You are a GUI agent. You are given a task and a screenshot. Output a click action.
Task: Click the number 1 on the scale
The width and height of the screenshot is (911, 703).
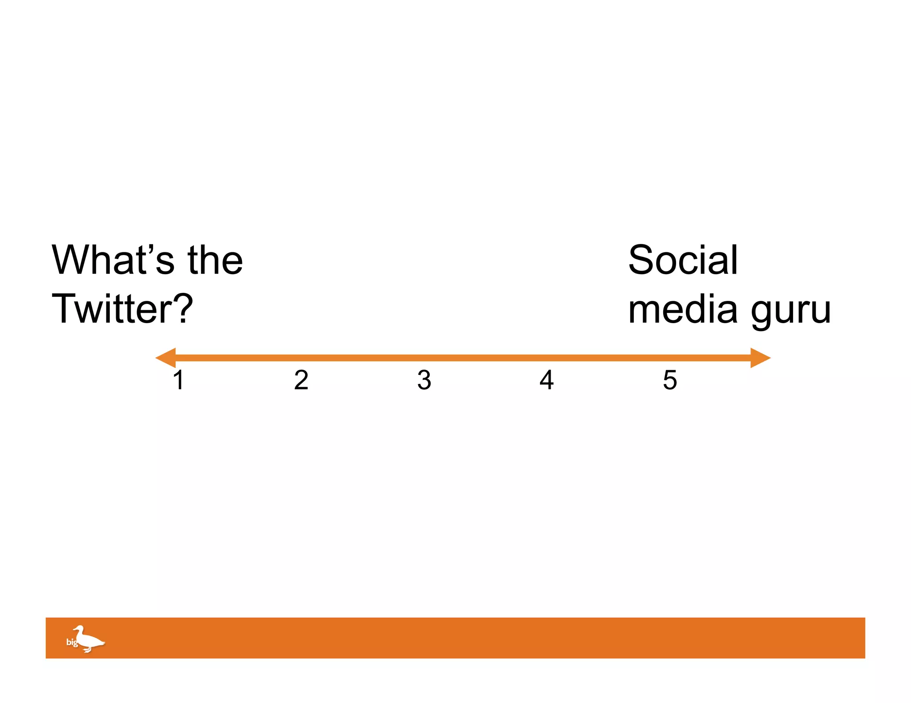tap(179, 380)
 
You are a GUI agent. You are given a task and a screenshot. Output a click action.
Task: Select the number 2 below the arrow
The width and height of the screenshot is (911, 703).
tap(301, 380)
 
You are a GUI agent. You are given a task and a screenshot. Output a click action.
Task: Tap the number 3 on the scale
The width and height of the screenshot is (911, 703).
tap(424, 380)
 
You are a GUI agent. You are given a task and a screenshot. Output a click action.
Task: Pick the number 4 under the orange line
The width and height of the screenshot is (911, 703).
tap(547, 380)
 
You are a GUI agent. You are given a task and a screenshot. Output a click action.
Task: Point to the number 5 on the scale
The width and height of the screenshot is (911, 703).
tap(670, 380)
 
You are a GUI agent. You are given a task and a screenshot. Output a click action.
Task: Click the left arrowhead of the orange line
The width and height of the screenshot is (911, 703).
tap(165, 358)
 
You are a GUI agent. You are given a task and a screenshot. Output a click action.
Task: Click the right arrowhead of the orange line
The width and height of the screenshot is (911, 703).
tap(760, 358)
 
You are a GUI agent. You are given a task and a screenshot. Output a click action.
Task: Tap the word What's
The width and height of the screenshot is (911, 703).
tap(113, 260)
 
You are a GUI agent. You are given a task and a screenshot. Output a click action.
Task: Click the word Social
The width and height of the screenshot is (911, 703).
tap(683, 260)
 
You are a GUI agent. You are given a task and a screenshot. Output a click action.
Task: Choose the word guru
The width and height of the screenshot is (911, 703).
tap(791, 311)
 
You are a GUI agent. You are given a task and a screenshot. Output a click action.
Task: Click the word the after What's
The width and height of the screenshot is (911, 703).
tap(215, 260)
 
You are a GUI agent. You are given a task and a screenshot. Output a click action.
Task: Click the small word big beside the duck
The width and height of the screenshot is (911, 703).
tap(72, 642)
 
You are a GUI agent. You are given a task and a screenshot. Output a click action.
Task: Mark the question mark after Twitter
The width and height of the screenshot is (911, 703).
tap(183, 309)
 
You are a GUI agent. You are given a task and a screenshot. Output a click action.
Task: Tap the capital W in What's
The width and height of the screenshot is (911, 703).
tap(72, 260)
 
